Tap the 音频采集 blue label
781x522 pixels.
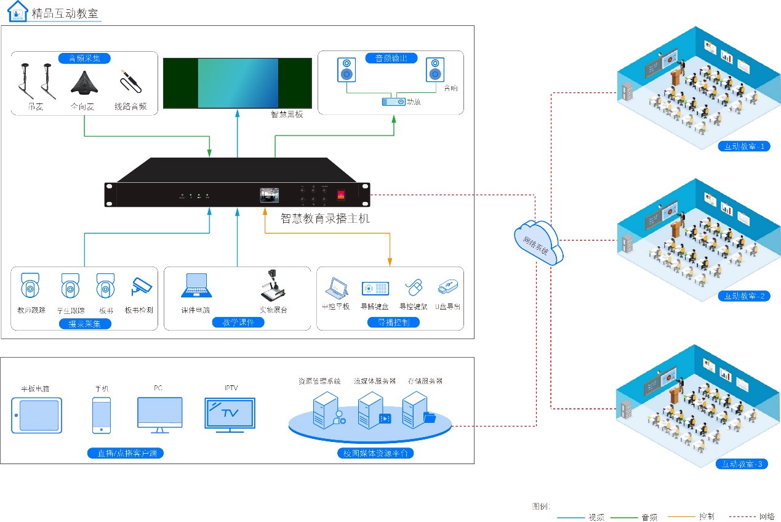(84, 58)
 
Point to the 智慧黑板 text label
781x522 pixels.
(287, 114)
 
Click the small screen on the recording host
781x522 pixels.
(269, 195)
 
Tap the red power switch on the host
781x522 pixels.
(341, 196)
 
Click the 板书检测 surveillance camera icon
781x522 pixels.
(141, 286)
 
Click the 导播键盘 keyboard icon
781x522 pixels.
(375, 288)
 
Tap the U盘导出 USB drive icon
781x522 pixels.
(447, 287)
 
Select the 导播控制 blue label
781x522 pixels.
(393, 322)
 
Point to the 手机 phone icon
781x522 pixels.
(102, 415)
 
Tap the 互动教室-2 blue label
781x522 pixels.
(744, 295)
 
